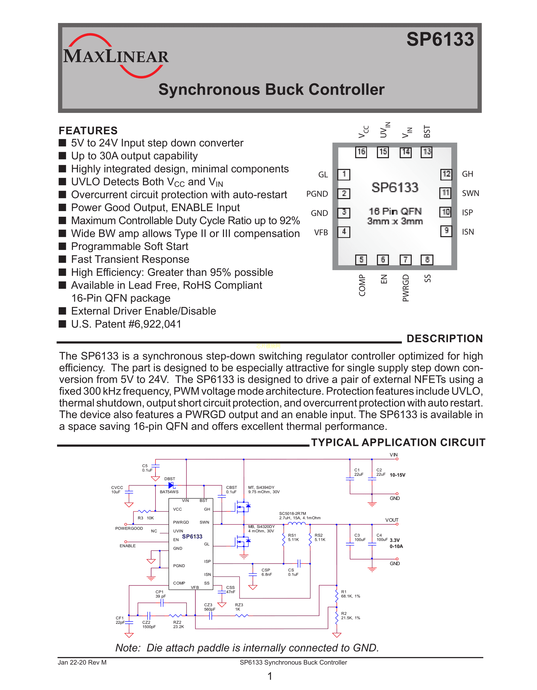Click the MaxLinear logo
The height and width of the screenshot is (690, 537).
click(x=116, y=56)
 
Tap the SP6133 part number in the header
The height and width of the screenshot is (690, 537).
click(x=440, y=40)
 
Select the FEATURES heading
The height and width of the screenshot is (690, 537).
click(x=88, y=131)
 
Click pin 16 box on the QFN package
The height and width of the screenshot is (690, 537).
click(x=361, y=152)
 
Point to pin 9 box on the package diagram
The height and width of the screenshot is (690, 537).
click(x=446, y=231)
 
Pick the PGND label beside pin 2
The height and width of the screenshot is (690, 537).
click(x=317, y=194)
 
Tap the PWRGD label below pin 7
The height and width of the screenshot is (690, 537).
click(x=406, y=288)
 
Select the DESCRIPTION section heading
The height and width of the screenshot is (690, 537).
click(x=444, y=338)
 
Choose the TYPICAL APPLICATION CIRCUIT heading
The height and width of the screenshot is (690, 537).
click(x=398, y=442)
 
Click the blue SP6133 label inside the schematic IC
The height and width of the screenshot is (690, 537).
click(x=192, y=536)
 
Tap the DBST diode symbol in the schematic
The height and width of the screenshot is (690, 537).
click(x=171, y=485)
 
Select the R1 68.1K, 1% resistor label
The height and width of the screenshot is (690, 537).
click(x=350, y=594)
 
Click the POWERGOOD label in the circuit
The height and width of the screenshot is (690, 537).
click(x=129, y=528)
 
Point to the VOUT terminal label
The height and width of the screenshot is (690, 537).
click(x=391, y=520)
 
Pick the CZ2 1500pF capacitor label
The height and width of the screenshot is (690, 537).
click(x=149, y=625)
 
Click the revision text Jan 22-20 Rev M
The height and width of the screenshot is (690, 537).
click(x=82, y=662)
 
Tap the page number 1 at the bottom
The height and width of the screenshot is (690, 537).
click(x=270, y=676)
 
